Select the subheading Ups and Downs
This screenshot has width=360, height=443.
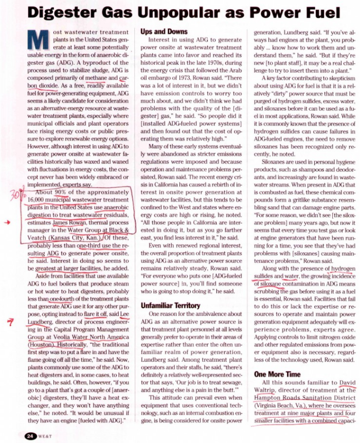163,31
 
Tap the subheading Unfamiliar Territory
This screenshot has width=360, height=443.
172,304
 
